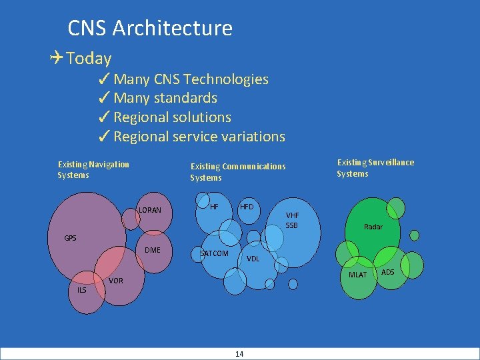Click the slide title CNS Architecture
pos(150,28)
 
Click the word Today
pos(89,59)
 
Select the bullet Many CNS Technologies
pos(191,79)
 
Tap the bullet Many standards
pos(165,98)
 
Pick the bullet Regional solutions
pos(172,117)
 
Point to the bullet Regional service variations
pos(199,137)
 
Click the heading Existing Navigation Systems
pos(93,169)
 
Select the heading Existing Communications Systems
pos(237,172)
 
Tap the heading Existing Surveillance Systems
pos(375,168)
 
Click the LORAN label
pos(150,210)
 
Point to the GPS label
pos(70,238)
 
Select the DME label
pos(153,250)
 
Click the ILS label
pos(81,290)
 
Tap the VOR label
pos(115,281)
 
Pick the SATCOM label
pos(215,253)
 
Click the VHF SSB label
pos(292,220)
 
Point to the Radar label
pos(373,227)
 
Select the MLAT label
pos(357,275)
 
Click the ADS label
pos(387,272)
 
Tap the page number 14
pos(239,354)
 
